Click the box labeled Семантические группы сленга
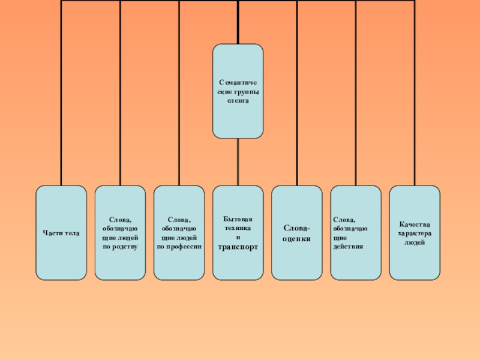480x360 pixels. (x=238, y=91)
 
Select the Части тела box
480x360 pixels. (x=61, y=233)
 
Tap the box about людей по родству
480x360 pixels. (x=120, y=233)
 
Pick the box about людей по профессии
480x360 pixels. (x=179, y=233)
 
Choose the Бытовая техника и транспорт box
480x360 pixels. (x=238, y=233)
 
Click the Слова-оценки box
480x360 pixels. (x=296, y=233)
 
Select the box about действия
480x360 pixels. (x=355, y=233)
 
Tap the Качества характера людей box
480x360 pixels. (x=414, y=233)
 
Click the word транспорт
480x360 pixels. (x=238, y=247)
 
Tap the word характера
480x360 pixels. (x=414, y=233)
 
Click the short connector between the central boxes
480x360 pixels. (x=238, y=162)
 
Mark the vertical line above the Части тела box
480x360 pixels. (x=61, y=90)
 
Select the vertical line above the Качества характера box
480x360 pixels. (x=414, y=90)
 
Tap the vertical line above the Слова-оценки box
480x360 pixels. (x=296, y=90)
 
